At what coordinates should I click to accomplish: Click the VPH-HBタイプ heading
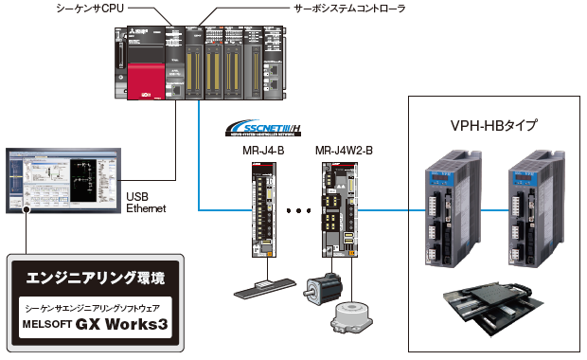[493, 125]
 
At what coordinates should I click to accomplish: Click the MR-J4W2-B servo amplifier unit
[339, 208]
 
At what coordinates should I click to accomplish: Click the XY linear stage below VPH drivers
[490, 309]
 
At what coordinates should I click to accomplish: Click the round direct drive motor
[350, 317]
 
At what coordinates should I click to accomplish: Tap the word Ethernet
[147, 207]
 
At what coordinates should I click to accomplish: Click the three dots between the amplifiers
[298, 210]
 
